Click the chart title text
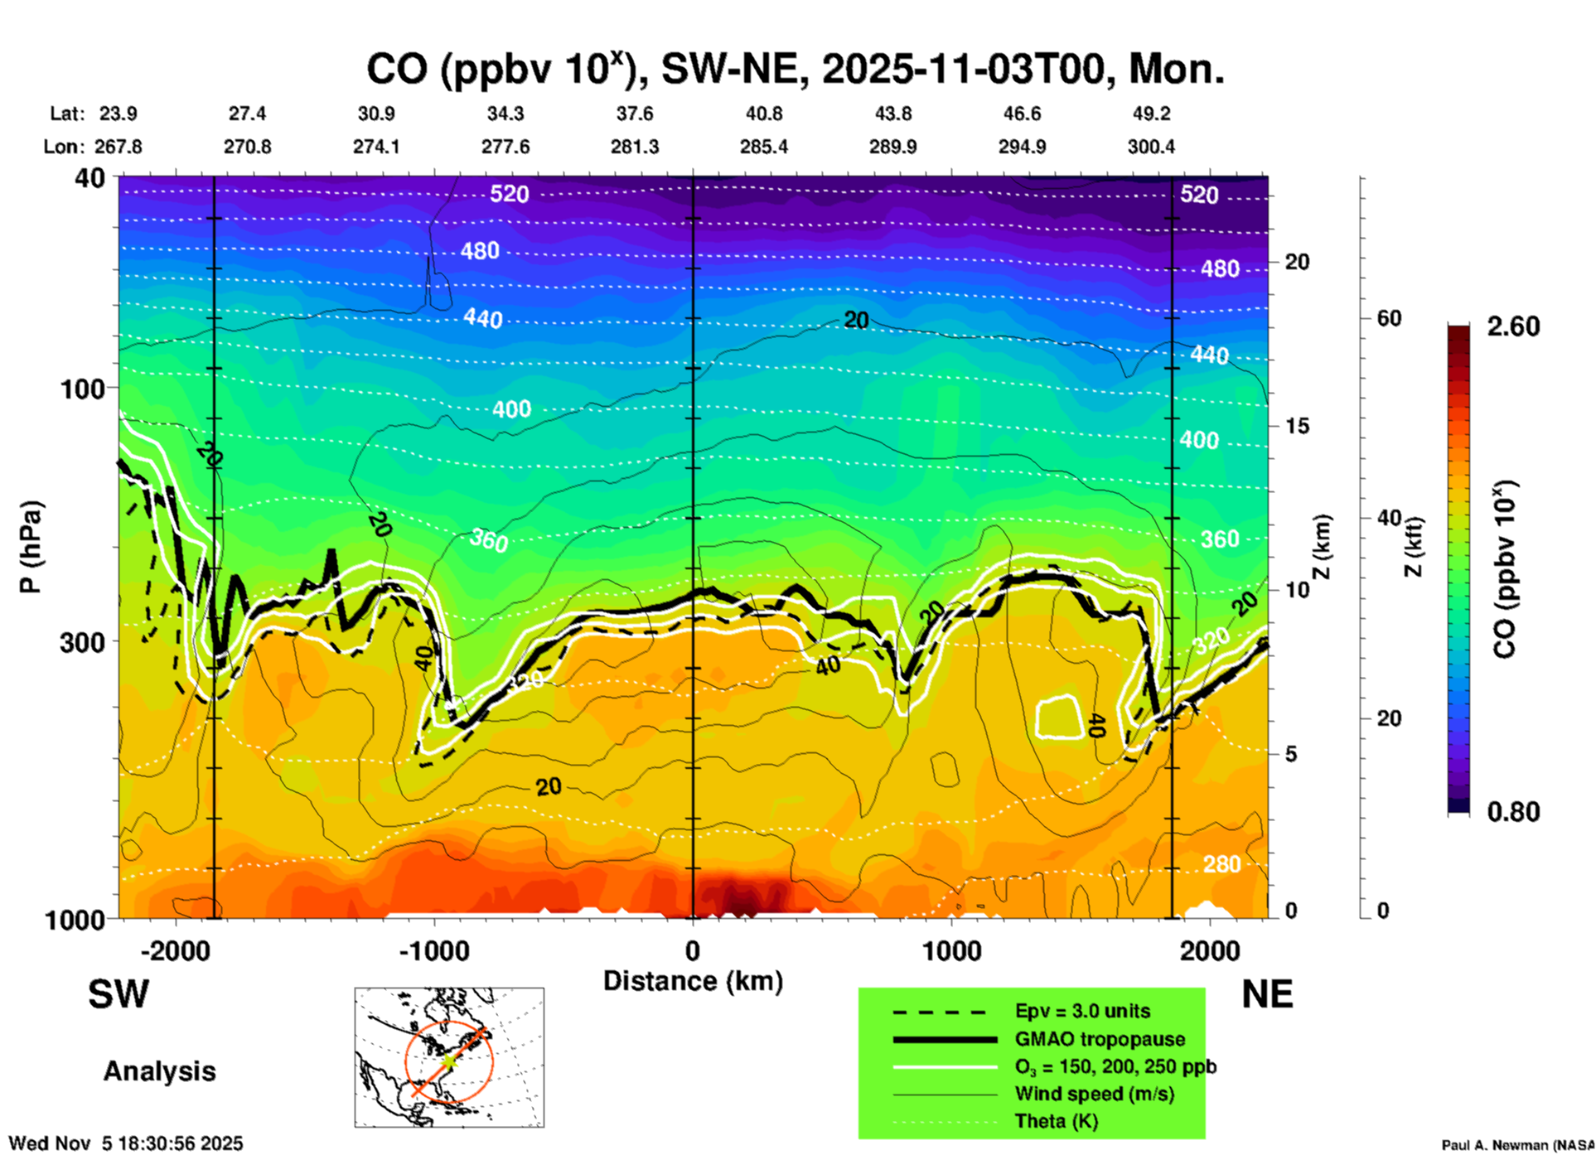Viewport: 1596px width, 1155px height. coord(795,70)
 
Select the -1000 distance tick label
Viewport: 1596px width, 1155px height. coord(434,951)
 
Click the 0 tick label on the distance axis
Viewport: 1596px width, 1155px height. coord(693,951)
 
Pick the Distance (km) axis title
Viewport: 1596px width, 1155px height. coord(693,981)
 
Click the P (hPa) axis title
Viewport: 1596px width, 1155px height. coord(31,547)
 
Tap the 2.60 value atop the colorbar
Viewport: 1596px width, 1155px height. coord(1513,326)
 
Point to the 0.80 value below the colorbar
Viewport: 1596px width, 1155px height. coord(1513,812)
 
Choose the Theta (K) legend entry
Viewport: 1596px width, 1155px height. coord(1056,1121)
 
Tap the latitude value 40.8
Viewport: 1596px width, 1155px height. coord(764,114)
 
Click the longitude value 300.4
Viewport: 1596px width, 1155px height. coord(1151,147)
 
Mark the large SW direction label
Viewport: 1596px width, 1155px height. coord(118,994)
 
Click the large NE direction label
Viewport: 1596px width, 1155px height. coord(1267,994)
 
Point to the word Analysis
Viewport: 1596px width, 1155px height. coord(159,1071)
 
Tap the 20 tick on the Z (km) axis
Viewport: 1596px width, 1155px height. coord(1297,262)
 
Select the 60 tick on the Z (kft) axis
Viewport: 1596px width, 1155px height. coord(1389,318)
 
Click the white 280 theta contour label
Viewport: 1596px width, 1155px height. coord(1222,864)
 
